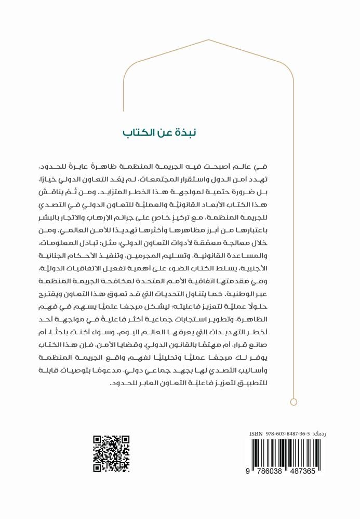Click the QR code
coord(111,453)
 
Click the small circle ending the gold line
coord(294,401)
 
